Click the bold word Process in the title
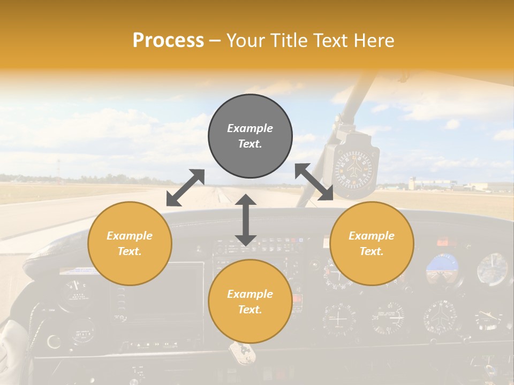pyautogui.click(x=168, y=41)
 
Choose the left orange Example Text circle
pyautogui.click(x=130, y=243)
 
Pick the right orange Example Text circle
pyautogui.click(x=372, y=243)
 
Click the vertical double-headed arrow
pyautogui.click(x=245, y=220)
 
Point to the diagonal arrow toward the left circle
pyautogui.click(x=185, y=188)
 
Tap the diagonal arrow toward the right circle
pyautogui.click(x=314, y=182)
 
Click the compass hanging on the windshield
pyautogui.click(x=353, y=166)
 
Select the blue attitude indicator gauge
pyautogui.click(x=444, y=268)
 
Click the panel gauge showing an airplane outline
pyautogui.click(x=442, y=317)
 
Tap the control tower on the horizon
pyautogui.click(x=411, y=183)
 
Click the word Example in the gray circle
pyautogui.click(x=250, y=128)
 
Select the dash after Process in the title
pyautogui.click(x=215, y=41)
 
